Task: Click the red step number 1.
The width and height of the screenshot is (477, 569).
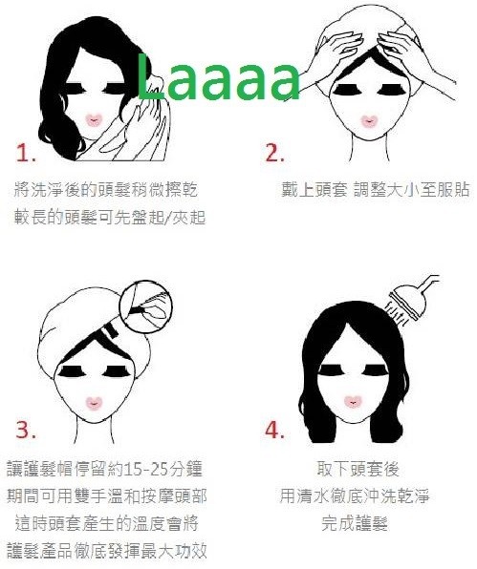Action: [26, 153]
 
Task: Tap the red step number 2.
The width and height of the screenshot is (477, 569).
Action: [274, 153]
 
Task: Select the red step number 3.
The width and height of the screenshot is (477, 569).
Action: [26, 430]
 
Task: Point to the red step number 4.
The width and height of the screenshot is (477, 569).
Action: [274, 430]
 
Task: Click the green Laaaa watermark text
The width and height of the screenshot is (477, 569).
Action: [218, 77]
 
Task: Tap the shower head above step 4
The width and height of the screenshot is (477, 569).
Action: [407, 302]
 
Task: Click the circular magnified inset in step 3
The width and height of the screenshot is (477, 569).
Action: [146, 305]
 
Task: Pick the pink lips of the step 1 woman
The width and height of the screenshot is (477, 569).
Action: [94, 120]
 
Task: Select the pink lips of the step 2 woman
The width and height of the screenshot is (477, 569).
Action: [370, 121]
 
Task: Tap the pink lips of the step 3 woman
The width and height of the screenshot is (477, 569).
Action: [95, 403]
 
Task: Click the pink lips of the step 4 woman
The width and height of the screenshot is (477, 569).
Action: [352, 401]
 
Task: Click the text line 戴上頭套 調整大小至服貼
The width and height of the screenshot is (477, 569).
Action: [376, 189]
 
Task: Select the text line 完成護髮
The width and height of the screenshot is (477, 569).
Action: [355, 523]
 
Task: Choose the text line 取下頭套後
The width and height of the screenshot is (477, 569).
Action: [358, 469]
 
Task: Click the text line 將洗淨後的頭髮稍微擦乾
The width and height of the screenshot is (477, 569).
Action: [106, 189]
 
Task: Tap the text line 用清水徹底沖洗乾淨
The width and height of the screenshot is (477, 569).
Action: [355, 495]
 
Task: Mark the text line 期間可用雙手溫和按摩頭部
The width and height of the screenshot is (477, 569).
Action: [107, 495]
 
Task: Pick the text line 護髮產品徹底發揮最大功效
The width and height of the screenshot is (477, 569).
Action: [107, 551]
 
